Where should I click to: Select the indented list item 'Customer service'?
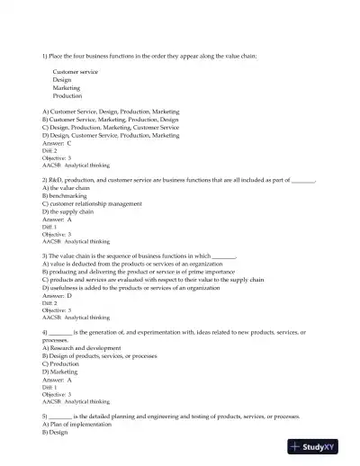(76, 72)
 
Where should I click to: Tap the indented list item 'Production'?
(67, 95)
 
